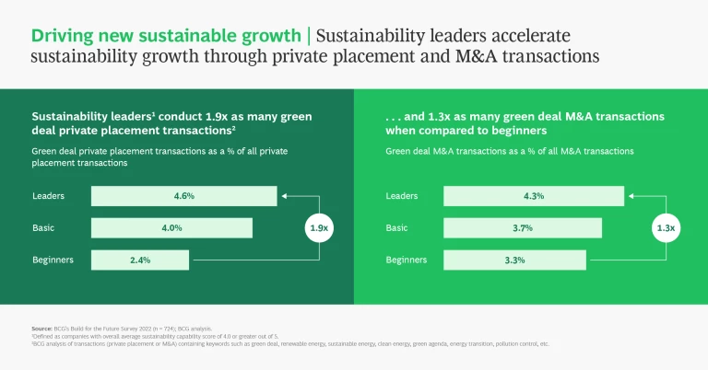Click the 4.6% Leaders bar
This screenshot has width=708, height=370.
[x=183, y=196]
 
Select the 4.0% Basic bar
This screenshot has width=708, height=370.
[x=171, y=228]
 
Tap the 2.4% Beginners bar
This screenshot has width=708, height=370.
[x=140, y=260]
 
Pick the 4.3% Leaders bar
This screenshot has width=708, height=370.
[x=533, y=196]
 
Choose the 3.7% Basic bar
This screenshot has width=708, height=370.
[x=522, y=228]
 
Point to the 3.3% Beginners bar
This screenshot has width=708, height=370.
[x=513, y=260]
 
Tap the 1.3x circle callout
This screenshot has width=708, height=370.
[x=664, y=227]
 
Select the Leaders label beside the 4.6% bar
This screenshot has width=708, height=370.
[x=48, y=196]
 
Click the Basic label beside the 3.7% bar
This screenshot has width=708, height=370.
[x=397, y=228]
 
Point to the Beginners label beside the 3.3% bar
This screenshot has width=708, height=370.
[x=407, y=260]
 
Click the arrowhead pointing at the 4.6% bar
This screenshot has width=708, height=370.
[x=285, y=196]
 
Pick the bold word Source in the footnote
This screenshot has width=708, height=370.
[x=41, y=329]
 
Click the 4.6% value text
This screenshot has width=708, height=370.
[x=184, y=196]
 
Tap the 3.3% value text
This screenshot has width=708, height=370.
[x=513, y=260]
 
